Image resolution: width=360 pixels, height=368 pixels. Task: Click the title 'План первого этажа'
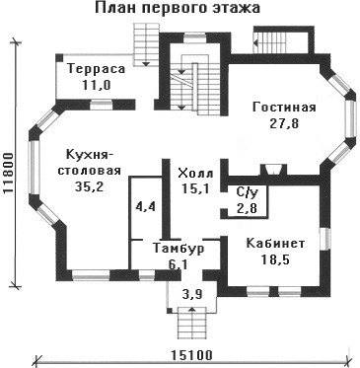coord(178,9)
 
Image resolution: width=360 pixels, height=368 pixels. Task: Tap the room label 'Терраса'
coord(97,69)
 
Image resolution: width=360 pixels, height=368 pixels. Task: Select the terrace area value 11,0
coord(97,86)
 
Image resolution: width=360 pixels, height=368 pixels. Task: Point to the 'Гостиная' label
coord(284,108)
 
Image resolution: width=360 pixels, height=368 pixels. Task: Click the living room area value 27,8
coord(284,124)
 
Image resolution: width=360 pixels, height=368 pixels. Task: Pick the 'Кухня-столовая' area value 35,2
coord(90,186)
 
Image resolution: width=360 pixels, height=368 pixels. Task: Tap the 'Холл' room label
coord(195,173)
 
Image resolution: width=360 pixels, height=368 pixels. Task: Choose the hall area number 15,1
coord(195,189)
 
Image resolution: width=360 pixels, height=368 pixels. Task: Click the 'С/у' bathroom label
coord(247,193)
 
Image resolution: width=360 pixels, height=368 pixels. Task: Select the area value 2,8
coord(247,208)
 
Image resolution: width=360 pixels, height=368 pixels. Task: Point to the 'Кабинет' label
coord(275,244)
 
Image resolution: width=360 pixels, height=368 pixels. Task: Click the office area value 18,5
coord(275,259)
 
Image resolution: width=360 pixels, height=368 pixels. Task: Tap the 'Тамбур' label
coord(179,249)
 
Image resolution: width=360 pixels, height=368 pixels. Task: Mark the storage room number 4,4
coord(145,207)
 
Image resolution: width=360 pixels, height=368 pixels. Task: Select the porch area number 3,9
coord(192,294)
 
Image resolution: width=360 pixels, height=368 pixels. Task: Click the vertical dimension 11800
coord(10,173)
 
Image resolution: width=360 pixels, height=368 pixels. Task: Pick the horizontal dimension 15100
coord(191,356)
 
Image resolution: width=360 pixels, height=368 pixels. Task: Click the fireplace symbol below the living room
coord(273,170)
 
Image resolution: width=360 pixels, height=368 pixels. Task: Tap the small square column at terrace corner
coord(59,58)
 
